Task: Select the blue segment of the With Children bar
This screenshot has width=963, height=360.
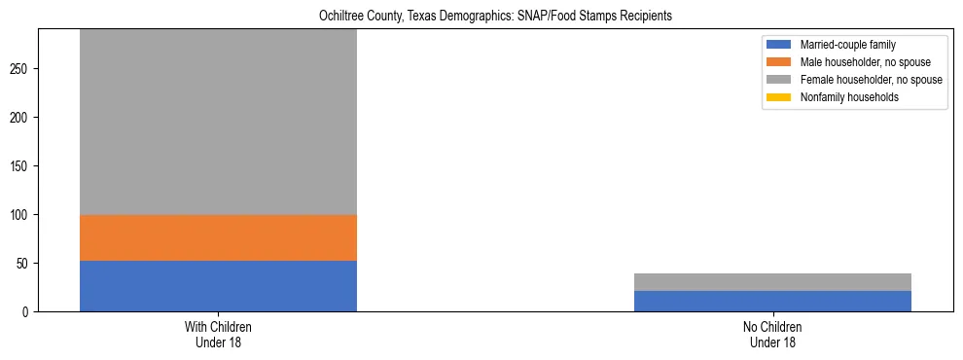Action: point(218,286)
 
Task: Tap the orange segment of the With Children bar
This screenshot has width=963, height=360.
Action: point(218,237)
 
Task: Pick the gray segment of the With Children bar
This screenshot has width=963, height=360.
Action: point(218,122)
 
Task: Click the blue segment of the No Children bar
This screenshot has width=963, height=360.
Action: point(772,302)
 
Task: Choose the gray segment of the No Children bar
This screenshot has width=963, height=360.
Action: point(772,282)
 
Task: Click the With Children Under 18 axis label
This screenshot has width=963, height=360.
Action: point(218,335)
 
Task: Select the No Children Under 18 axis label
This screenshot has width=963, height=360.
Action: point(772,335)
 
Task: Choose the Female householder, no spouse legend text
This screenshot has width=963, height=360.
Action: point(871,80)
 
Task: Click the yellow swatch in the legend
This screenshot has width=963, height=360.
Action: point(779,97)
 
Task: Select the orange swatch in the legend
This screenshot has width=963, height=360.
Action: point(779,62)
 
